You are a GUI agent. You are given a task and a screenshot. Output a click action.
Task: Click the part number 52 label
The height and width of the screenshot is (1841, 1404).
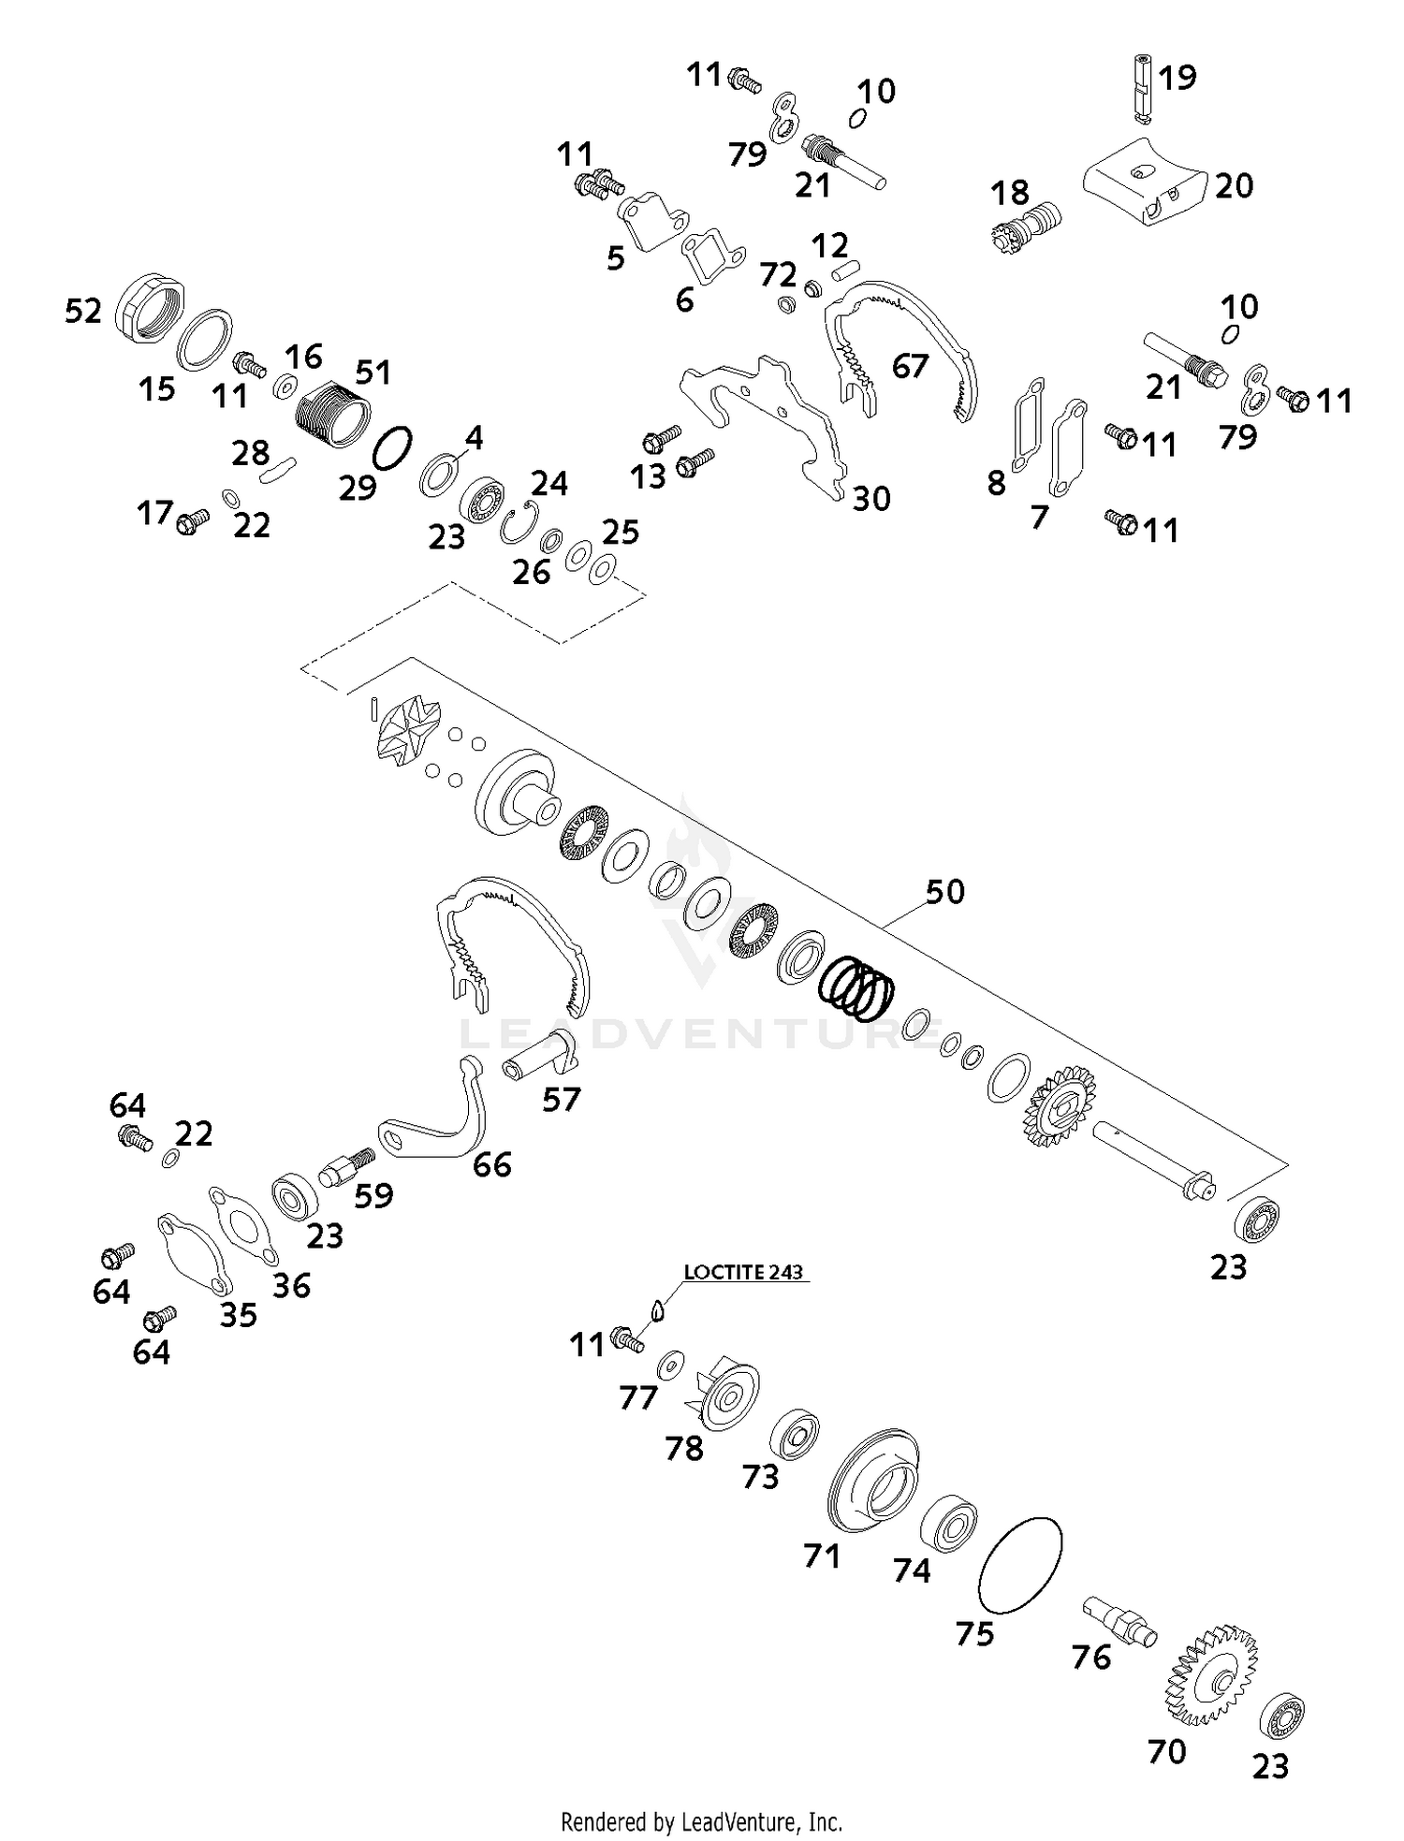[82, 311]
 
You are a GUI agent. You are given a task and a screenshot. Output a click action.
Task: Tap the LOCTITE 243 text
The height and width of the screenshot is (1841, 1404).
[743, 1272]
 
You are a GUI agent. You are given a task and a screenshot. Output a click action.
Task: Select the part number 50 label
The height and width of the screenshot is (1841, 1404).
[944, 891]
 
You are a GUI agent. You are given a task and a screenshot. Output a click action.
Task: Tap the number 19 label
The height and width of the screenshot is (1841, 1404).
[1177, 78]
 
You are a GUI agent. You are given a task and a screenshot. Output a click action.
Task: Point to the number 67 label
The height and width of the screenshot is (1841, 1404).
[910, 366]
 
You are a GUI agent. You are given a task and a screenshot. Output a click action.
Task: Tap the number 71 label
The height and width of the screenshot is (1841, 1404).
[821, 1556]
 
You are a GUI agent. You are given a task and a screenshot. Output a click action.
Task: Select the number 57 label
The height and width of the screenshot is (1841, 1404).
[562, 1099]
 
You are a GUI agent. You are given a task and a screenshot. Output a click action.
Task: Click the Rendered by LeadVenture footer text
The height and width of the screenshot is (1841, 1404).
[701, 1822]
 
